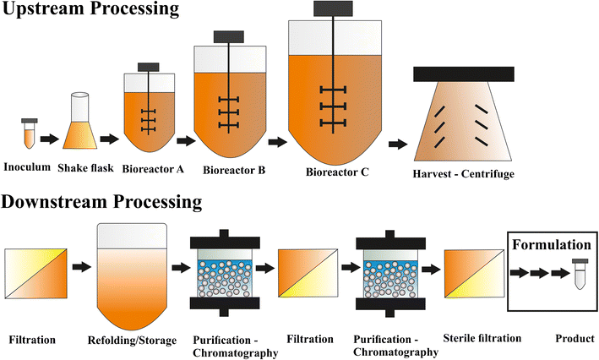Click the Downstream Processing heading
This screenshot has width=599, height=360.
pyautogui.click(x=101, y=202)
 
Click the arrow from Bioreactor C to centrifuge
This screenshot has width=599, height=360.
pyautogui.click(x=395, y=144)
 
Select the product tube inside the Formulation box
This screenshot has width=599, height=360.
pyautogui.click(x=579, y=275)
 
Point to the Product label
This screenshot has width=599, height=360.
pyautogui.click(x=574, y=339)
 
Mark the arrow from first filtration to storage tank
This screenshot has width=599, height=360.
pyautogui.click(x=82, y=268)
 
